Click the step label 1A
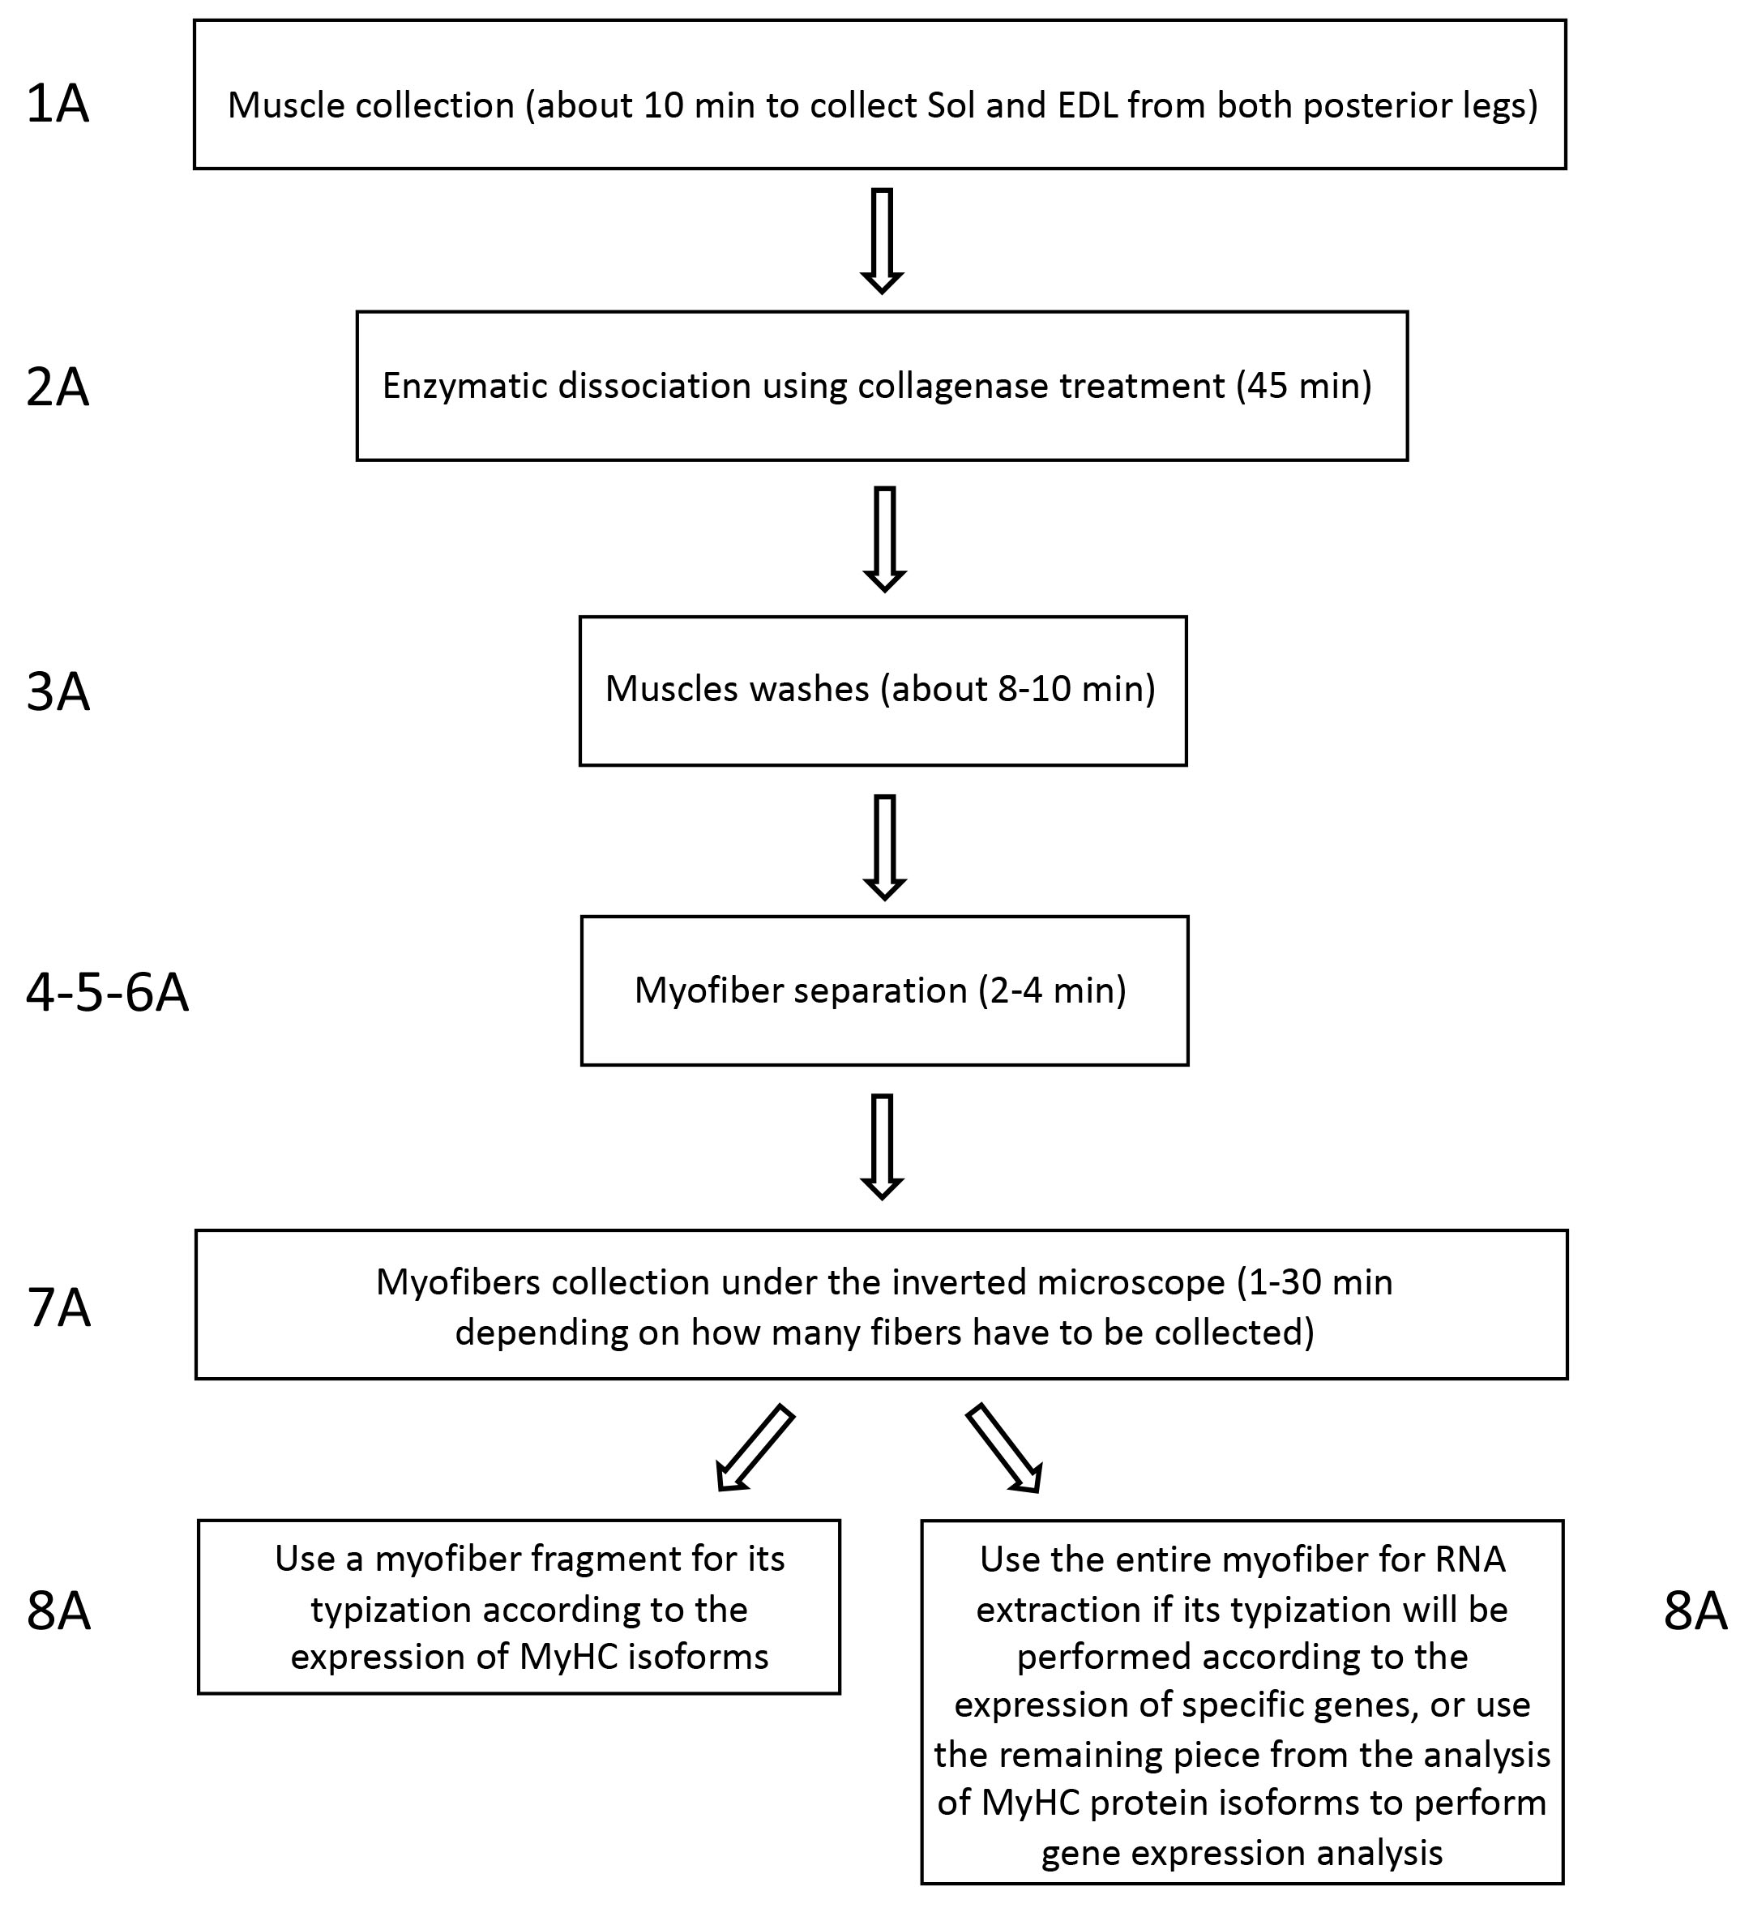pos(58,105)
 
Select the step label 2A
pos(58,388)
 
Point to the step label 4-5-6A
pos(107,994)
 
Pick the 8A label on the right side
pos(1695,1611)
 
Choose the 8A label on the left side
pos(59,1611)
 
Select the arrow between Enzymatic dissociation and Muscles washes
pos(884,539)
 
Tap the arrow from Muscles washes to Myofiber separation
pos(884,847)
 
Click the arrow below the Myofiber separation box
pos(883,1147)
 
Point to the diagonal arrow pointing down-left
pos(755,1447)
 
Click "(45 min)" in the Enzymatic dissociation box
pos(1303,386)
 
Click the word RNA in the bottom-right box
pos(1469,1559)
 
